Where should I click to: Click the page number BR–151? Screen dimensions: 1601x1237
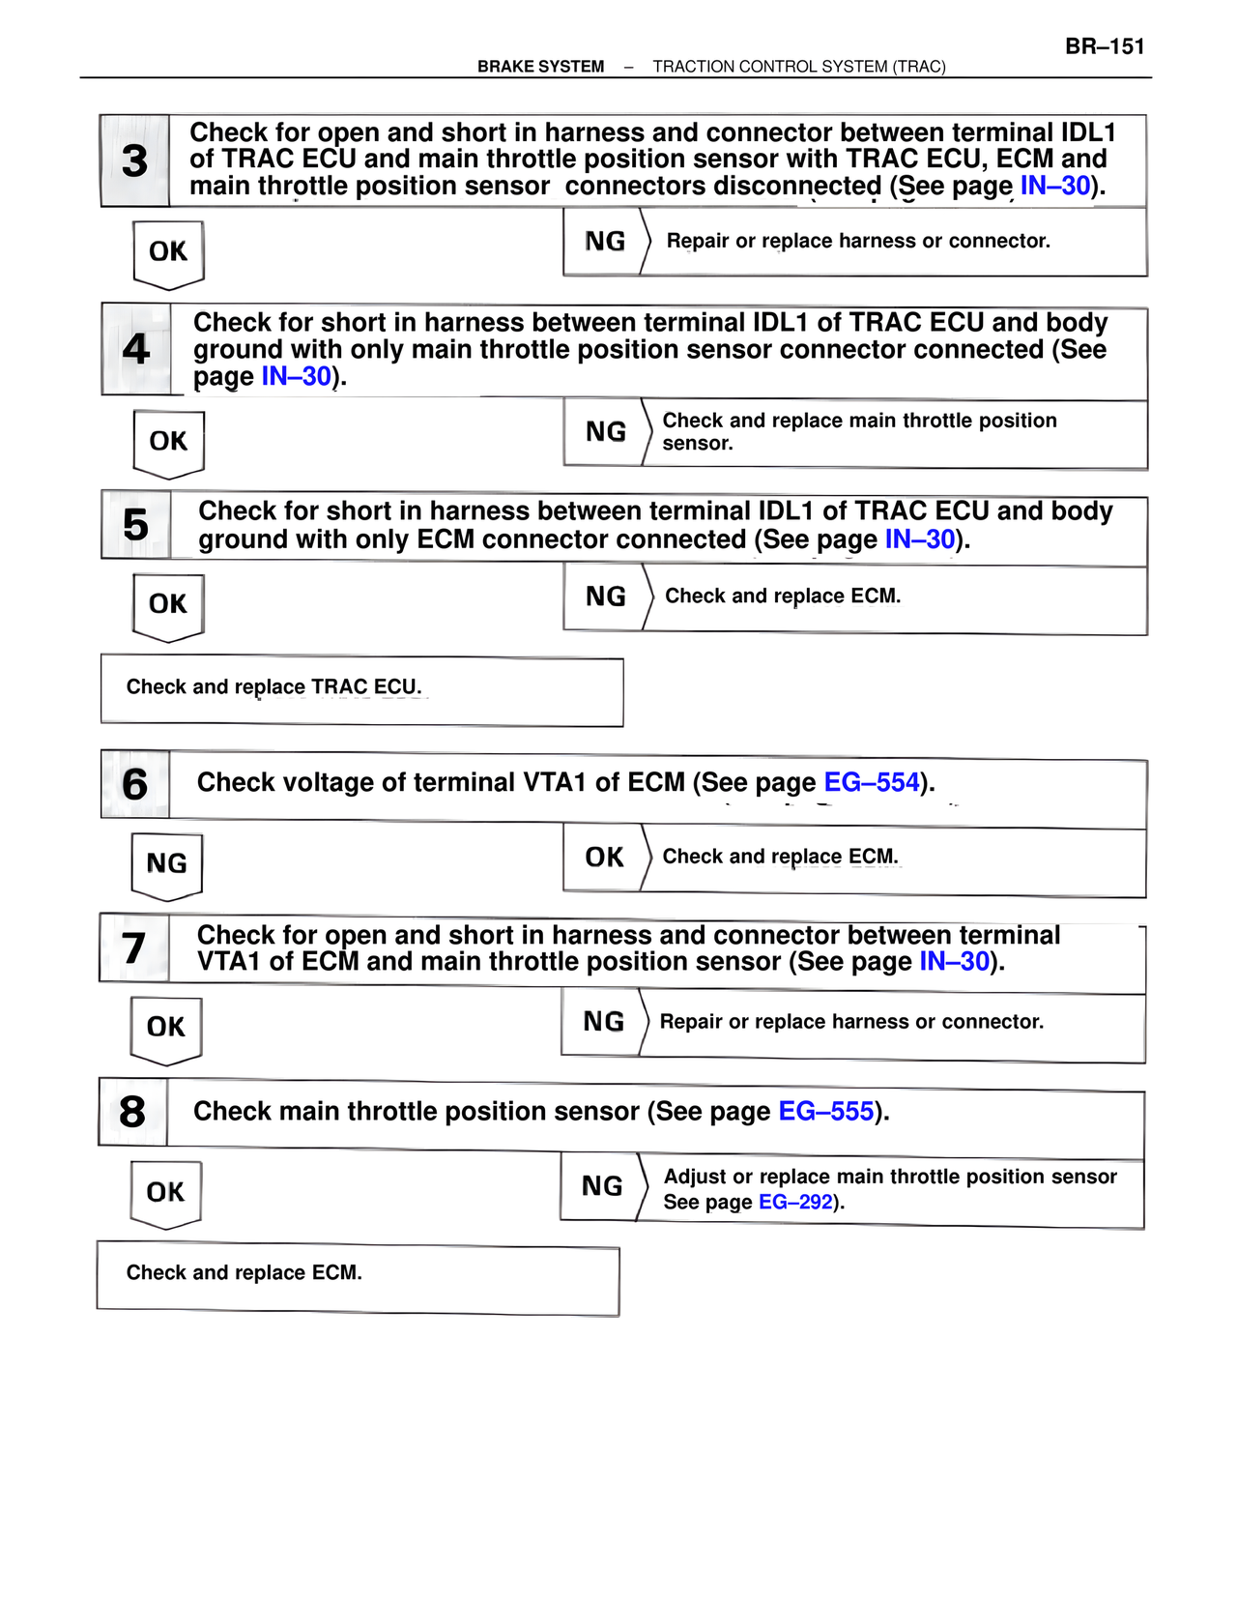[x=1105, y=46]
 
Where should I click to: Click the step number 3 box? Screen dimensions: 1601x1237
[x=135, y=160]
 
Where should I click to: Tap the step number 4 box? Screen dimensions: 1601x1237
[x=136, y=349]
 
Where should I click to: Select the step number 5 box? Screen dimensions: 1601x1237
[x=136, y=525]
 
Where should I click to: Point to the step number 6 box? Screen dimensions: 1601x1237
[x=135, y=784]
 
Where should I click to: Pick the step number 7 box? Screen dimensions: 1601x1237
[x=134, y=948]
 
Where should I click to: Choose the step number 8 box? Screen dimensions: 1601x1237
[x=133, y=1112]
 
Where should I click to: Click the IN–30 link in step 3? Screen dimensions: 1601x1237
[x=1055, y=186]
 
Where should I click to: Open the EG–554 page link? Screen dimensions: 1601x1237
[x=871, y=782]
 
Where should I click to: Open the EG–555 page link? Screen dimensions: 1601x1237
[x=826, y=1111]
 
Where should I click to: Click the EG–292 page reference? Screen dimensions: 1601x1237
[x=795, y=1202]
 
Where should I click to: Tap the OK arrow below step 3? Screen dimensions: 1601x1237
[x=168, y=253]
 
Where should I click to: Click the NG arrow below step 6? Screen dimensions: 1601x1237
[x=167, y=864]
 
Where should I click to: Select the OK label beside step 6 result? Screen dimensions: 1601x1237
[x=605, y=858]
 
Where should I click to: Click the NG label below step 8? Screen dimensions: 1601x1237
[x=602, y=1186]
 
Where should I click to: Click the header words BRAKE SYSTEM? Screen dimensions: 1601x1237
[x=540, y=67]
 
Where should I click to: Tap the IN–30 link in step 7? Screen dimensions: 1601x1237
[x=955, y=961]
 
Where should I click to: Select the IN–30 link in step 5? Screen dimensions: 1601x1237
[x=920, y=539]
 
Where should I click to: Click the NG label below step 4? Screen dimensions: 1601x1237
[x=606, y=432]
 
